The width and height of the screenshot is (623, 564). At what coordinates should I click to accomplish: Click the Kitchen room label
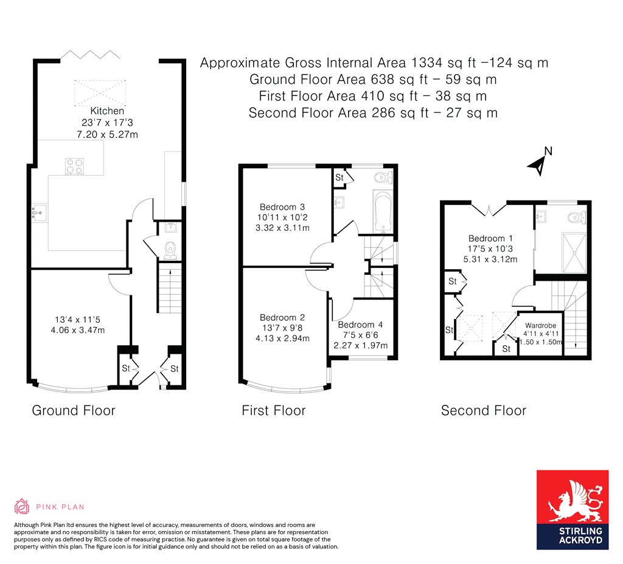click(x=107, y=111)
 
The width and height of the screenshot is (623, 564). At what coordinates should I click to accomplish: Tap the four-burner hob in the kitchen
click(x=74, y=166)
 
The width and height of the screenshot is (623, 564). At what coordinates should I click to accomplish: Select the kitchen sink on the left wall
click(x=39, y=212)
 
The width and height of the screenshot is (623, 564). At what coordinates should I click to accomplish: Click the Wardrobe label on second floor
click(x=540, y=325)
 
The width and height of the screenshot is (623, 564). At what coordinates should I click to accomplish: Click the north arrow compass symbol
click(x=539, y=162)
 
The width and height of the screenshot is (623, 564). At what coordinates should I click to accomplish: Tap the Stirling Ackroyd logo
click(x=572, y=509)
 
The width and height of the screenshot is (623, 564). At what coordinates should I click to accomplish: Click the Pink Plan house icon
click(x=22, y=506)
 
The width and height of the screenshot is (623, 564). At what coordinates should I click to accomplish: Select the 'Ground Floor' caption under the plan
click(x=73, y=411)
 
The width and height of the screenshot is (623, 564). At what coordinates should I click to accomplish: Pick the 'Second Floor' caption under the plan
click(x=483, y=411)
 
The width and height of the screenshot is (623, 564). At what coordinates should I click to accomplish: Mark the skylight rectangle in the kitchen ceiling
click(x=96, y=92)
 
